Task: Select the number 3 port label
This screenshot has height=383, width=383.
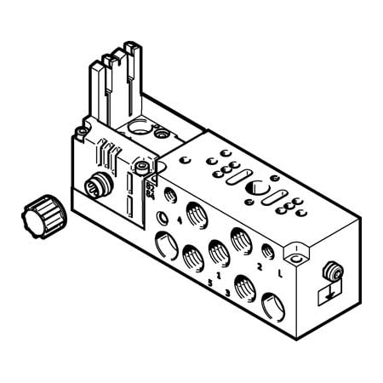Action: pos(228,294)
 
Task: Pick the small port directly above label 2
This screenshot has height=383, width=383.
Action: pos(267,249)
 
